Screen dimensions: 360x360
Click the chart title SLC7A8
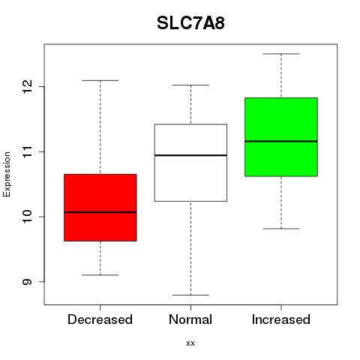coord(190,23)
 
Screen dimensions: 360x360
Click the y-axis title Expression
coord(7,174)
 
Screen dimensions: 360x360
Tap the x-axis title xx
coord(190,343)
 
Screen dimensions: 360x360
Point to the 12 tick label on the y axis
coord(27,87)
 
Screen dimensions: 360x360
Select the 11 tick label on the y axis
coord(27,151)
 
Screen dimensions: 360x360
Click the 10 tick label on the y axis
coord(27,217)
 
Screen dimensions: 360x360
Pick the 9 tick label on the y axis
coord(27,282)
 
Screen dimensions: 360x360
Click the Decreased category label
coord(100,319)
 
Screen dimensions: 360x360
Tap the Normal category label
coord(190,319)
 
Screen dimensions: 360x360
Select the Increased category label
coord(281,319)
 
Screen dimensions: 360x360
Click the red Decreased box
coord(100,208)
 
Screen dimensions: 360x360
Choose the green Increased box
coord(281,137)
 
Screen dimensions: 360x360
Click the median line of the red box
coord(100,212)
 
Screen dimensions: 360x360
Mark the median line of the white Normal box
coord(190,155)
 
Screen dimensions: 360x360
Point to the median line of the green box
coord(281,141)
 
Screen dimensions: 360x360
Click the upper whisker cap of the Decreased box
coord(100,80)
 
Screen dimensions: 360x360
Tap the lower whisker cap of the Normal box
coord(190,295)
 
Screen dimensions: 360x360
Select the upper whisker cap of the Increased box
coord(281,54)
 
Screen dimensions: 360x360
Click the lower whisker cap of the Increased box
coord(281,229)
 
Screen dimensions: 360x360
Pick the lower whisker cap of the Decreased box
coord(100,275)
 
